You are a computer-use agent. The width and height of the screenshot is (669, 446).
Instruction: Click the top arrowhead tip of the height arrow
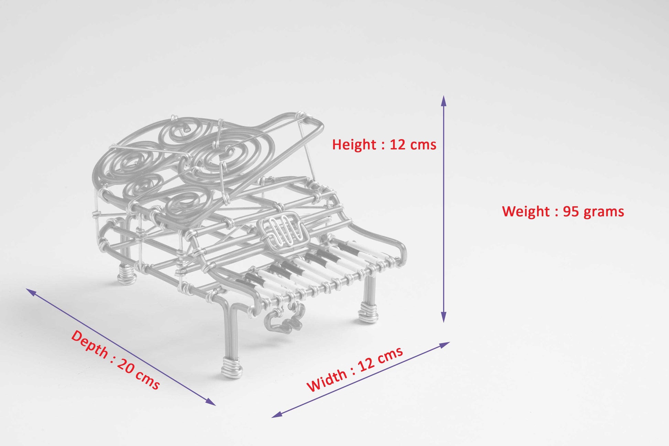pos(443,96)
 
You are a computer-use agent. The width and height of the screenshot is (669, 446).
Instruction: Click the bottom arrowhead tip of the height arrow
pos(443,322)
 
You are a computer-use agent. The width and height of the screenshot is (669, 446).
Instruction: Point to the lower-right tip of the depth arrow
pos(216,405)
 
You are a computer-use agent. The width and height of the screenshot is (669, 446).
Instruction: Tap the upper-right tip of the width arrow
pos(450,342)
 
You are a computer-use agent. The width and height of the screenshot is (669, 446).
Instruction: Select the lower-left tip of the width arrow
pos(272,417)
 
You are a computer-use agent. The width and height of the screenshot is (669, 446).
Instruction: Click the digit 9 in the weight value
pos(567,211)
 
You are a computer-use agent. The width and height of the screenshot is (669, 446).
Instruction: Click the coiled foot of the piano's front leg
pos(232,367)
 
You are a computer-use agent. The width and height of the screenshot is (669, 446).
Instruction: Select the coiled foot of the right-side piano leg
pos(368,312)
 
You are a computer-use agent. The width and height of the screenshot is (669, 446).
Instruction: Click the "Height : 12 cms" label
pos(384,145)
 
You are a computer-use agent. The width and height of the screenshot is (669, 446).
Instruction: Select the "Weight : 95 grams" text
pos(563,211)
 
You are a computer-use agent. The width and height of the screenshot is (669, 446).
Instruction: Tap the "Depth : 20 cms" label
pos(115,360)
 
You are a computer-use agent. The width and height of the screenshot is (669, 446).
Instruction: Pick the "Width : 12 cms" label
pos(354,369)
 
